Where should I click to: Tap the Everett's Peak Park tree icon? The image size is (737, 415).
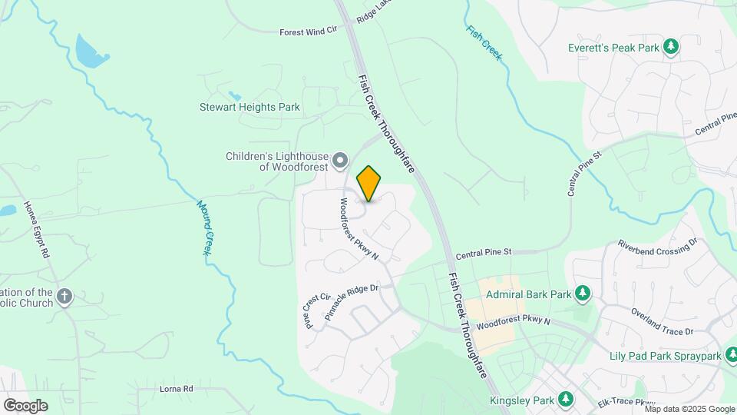[x=671, y=48]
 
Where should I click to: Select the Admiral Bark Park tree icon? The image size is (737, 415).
[x=583, y=294]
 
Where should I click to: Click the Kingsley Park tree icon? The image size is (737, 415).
[x=565, y=400]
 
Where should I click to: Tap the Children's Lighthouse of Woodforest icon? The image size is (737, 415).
[x=341, y=161]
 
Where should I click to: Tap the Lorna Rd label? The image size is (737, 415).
[x=177, y=389]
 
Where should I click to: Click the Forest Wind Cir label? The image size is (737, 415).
[x=309, y=32]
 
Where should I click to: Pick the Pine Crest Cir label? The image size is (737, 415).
[x=316, y=310]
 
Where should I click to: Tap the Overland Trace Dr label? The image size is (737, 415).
[x=662, y=321]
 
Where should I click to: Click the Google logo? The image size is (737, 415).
[x=25, y=406]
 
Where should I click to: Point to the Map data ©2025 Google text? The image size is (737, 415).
[x=690, y=409]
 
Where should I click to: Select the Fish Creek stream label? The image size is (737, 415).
[x=484, y=42]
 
